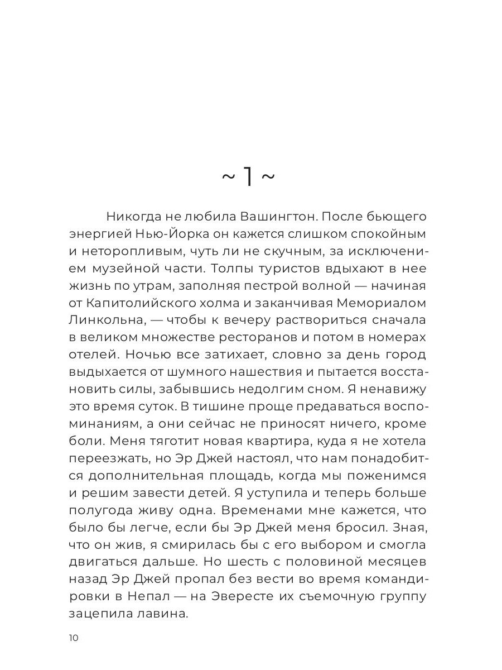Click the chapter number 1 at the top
[x=248, y=177]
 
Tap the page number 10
[x=74, y=638]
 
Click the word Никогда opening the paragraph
[x=132, y=216]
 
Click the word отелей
[x=93, y=355]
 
